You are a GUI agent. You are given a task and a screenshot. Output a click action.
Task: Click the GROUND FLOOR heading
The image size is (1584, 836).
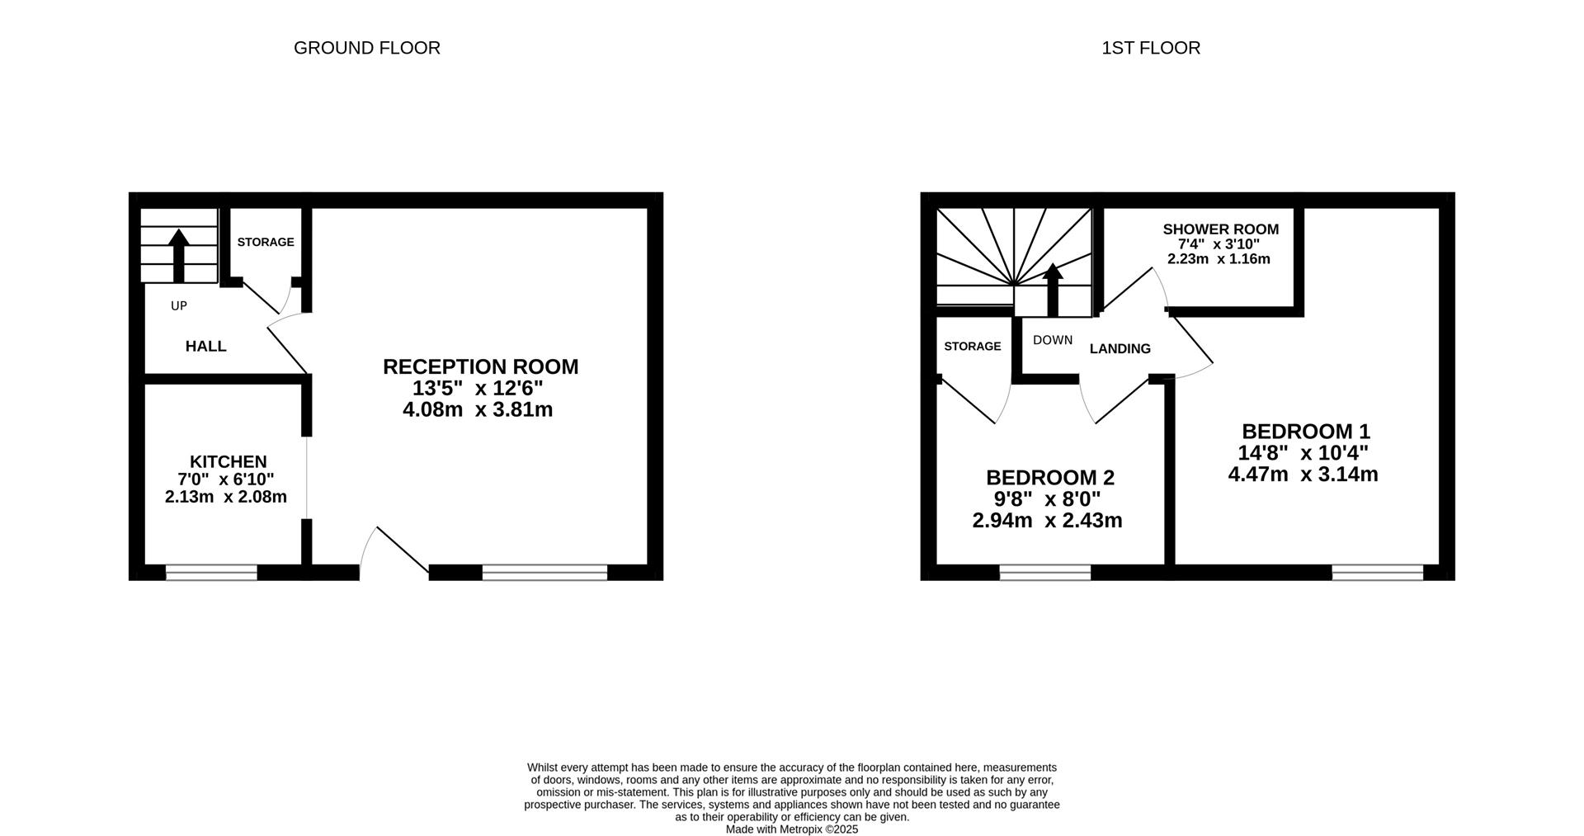tap(367, 48)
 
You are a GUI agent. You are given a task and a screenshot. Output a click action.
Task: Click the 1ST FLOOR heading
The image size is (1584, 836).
tap(1151, 48)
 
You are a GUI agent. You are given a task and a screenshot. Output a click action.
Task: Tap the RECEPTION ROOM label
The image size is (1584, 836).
tap(481, 366)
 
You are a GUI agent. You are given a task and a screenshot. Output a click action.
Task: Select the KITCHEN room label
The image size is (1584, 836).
tap(229, 461)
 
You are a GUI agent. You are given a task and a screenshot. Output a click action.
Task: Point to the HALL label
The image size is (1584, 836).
tap(206, 346)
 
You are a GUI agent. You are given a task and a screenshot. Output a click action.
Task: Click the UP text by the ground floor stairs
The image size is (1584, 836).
tap(179, 306)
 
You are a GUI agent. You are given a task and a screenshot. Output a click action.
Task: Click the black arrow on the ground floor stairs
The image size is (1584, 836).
tap(178, 256)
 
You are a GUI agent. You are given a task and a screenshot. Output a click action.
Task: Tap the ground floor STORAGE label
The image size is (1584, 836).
tap(266, 242)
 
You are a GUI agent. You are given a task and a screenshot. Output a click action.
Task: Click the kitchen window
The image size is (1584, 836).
tap(211, 572)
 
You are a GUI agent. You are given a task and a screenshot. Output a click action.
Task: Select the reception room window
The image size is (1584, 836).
tap(544, 572)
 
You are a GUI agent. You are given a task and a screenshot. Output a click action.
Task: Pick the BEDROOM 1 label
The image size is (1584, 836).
tap(1306, 431)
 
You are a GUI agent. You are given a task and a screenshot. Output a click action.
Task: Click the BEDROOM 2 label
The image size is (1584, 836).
tap(1050, 477)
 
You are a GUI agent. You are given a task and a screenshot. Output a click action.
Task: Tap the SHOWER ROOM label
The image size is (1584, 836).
tap(1221, 229)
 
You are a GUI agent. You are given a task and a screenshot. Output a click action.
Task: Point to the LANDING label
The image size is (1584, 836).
tap(1120, 348)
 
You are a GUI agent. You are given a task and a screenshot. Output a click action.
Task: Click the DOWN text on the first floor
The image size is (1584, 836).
tap(1053, 340)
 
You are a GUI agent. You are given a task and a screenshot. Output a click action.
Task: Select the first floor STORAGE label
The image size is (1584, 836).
tap(973, 346)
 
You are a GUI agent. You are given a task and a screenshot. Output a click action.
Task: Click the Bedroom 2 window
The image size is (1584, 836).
tap(1045, 572)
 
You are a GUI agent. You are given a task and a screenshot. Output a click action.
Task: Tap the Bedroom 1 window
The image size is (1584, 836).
tap(1378, 572)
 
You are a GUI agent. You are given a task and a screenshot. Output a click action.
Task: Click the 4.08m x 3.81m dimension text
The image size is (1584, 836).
tap(478, 409)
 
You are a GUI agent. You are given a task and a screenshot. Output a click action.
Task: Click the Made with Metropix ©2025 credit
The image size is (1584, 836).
tap(792, 829)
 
